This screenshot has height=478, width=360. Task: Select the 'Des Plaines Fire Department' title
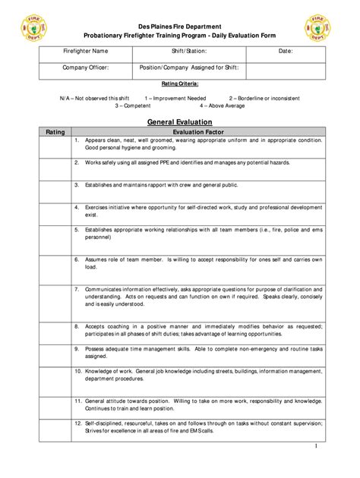pyautogui.click(x=180, y=24)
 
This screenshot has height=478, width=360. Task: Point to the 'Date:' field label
pyautogui.click(x=286, y=52)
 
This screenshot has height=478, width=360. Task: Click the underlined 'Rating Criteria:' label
pyautogui.click(x=180, y=83)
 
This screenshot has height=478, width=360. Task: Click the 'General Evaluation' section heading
pyautogui.click(x=179, y=121)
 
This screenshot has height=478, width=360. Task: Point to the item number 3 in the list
pyautogui.click(x=77, y=184)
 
